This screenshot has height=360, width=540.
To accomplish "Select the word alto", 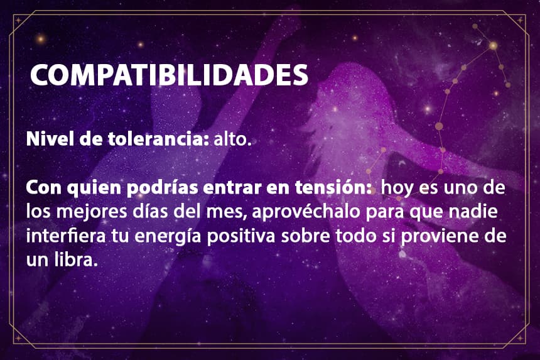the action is [x=232, y=139].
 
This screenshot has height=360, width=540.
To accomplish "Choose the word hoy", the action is [x=396, y=188].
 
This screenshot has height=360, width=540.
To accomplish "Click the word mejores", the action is [x=92, y=212].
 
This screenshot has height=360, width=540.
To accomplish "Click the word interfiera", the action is [x=66, y=236].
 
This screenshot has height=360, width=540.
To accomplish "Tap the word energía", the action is [x=168, y=237].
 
